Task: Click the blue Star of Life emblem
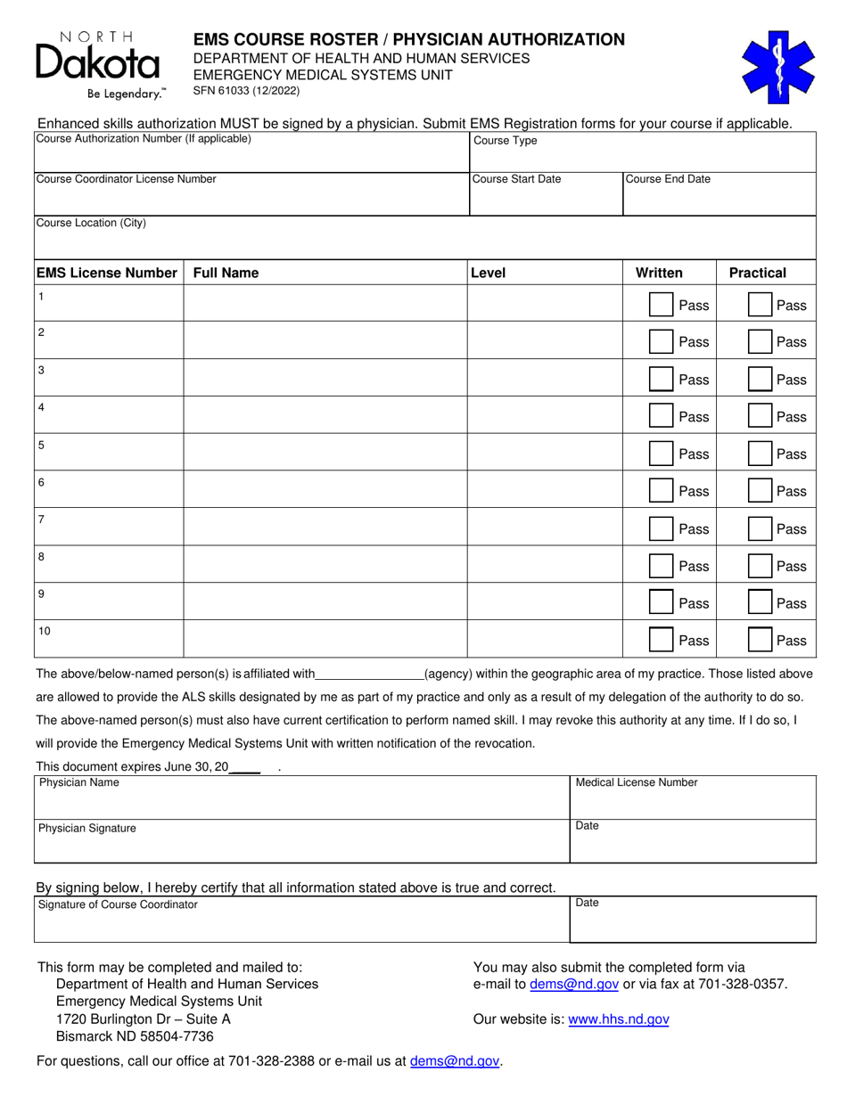(x=778, y=68)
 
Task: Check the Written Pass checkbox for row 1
(x=661, y=305)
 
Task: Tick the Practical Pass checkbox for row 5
(x=759, y=454)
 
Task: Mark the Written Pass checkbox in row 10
(x=661, y=640)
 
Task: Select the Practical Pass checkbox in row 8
(x=759, y=566)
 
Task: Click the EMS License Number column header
(x=107, y=273)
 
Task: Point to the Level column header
(x=488, y=273)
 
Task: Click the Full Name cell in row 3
(x=325, y=379)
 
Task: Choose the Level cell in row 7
(x=544, y=528)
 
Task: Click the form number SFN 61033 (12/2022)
(x=247, y=91)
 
